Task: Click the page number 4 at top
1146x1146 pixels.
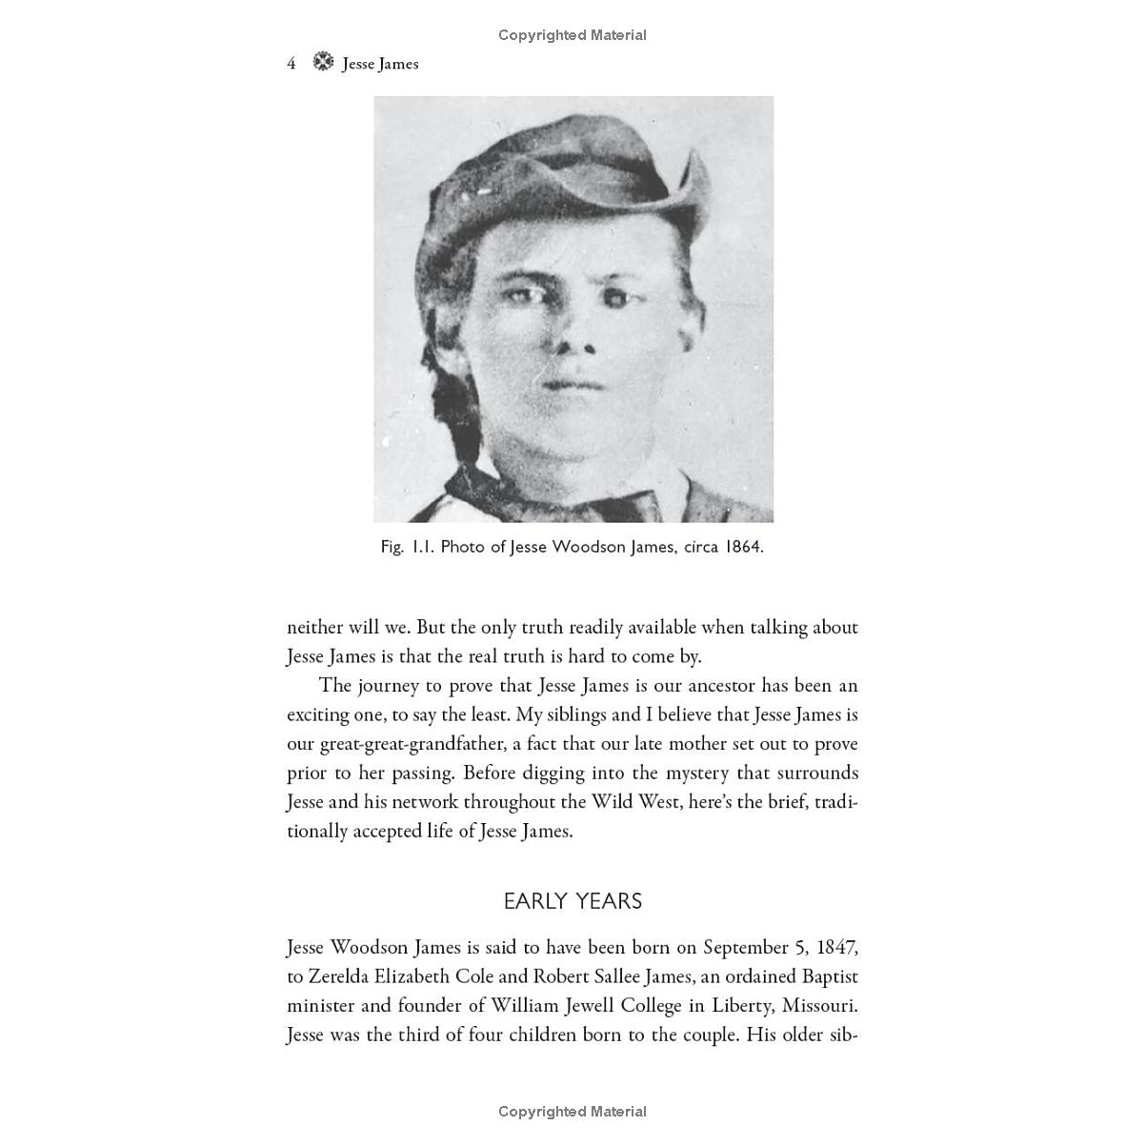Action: point(292,64)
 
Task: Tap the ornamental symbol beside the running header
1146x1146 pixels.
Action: point(324,62)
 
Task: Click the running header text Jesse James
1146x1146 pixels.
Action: point(380,64)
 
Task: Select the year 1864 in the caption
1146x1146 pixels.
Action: point(742,547)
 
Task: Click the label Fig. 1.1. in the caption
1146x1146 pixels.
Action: point(408,547)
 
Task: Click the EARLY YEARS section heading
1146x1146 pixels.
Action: point(573,901)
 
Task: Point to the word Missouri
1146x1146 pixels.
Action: point(818,1006)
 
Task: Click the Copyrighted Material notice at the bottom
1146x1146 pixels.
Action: point(573,1112)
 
